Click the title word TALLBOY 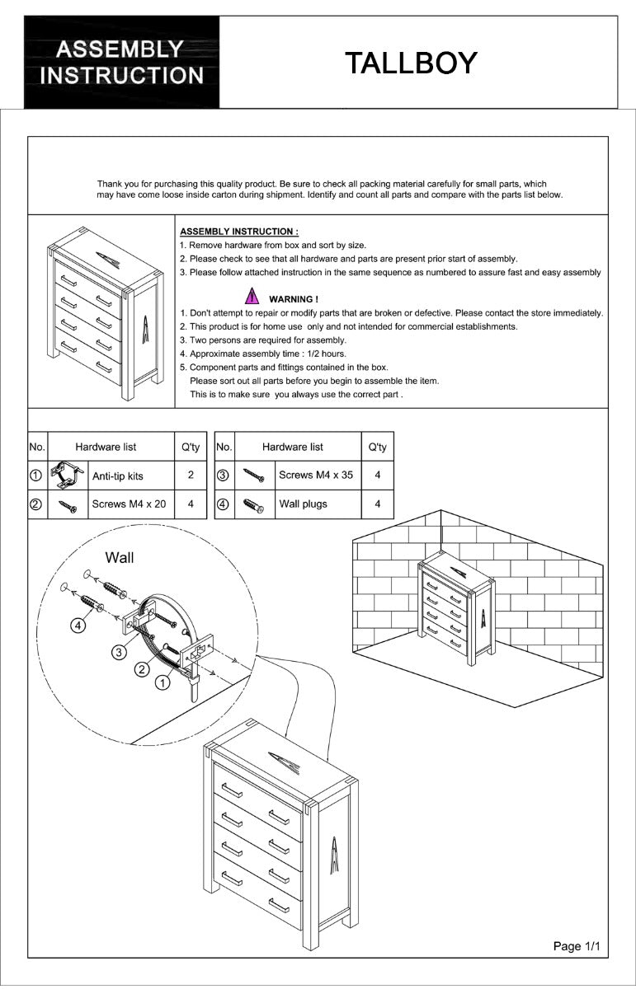410,63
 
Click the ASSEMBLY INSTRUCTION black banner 122,63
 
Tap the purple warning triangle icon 251,298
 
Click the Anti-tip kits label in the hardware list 117,476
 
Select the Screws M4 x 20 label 129,504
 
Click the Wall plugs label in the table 303,504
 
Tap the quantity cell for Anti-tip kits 191,476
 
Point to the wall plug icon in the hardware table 252,504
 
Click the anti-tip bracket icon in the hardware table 68,476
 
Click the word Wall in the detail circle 120,558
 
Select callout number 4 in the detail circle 78,626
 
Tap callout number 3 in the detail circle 119,652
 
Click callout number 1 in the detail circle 163,682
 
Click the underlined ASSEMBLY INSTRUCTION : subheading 239,232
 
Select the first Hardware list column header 106,447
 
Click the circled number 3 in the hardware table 223,476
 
